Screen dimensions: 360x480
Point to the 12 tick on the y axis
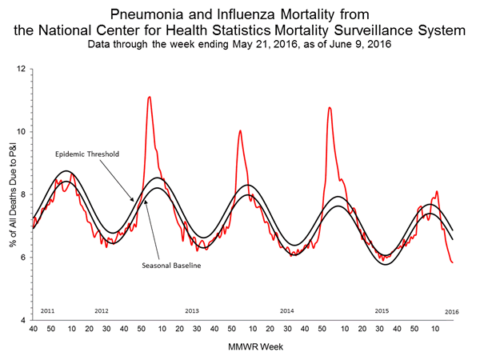click(x=21, y=70)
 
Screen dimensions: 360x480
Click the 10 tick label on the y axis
click(x=21, y=132)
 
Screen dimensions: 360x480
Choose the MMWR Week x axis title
click(x=244, y=347)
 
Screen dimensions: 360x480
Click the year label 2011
click(x=47, y=310)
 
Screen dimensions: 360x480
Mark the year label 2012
click(x=102, y=310)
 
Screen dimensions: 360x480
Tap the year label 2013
click(x=192, y=310)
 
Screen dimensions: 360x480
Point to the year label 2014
click(x=287, y=310)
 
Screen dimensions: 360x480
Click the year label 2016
click(x=452, y=310)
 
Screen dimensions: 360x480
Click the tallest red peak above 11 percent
click(x=150, y=97)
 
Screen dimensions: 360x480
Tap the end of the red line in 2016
click(x=454, y=262)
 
